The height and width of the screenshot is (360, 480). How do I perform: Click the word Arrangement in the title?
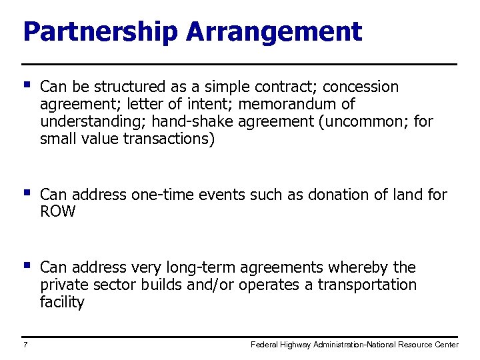pos(274,31)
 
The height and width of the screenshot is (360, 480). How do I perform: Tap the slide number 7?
pos(25,345)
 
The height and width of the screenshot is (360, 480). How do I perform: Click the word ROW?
pos(58,212)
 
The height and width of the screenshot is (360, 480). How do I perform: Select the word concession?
pos(360,87)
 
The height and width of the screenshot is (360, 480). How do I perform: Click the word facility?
pos(62,302)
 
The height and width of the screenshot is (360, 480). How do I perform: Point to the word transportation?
pos(367,285)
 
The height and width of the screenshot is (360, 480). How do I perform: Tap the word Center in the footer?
pos(444,345)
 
